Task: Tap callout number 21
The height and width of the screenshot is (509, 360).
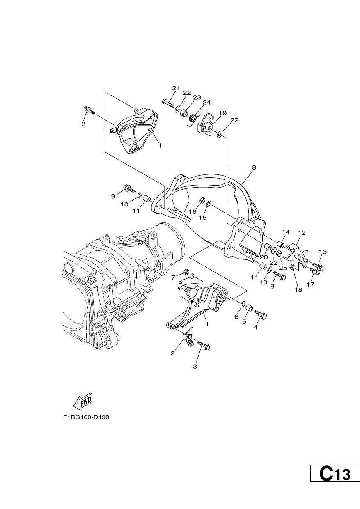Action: click(x=176, y=88)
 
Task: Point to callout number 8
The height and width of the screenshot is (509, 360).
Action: click(x=254, y=167)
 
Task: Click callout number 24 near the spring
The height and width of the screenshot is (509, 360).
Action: click(x=206, y=102)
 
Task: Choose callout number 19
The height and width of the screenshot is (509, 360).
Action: click(x=223, y=113)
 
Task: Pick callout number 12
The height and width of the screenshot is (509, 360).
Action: click(x=302, y=233)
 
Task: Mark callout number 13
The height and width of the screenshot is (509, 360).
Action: click(x=323, y=252)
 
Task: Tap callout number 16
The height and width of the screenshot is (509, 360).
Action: click(x=193, y=212)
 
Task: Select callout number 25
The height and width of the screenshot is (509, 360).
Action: click(x=283, y=268)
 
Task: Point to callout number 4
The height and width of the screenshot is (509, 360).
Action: click(x=255, y=327)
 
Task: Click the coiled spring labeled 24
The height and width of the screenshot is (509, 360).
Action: click(x=193, y=118)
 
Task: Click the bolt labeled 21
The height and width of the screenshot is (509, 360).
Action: click(x=168, y=103)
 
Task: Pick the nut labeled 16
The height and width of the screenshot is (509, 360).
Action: click(x=202, y=200)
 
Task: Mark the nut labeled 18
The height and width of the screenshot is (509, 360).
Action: click(x=293, y=267)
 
